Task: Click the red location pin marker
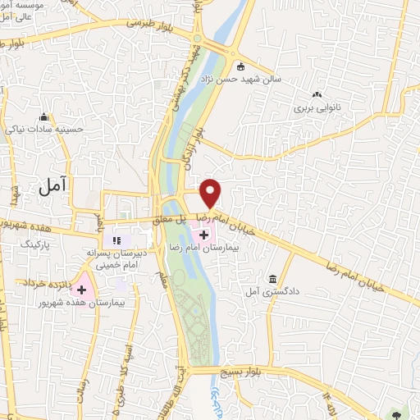point(211,193)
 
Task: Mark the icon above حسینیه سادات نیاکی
point(43,117)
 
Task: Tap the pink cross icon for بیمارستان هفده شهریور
point(82,289)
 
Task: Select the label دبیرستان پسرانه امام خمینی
point(115,258)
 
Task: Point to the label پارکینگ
point(58,244)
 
